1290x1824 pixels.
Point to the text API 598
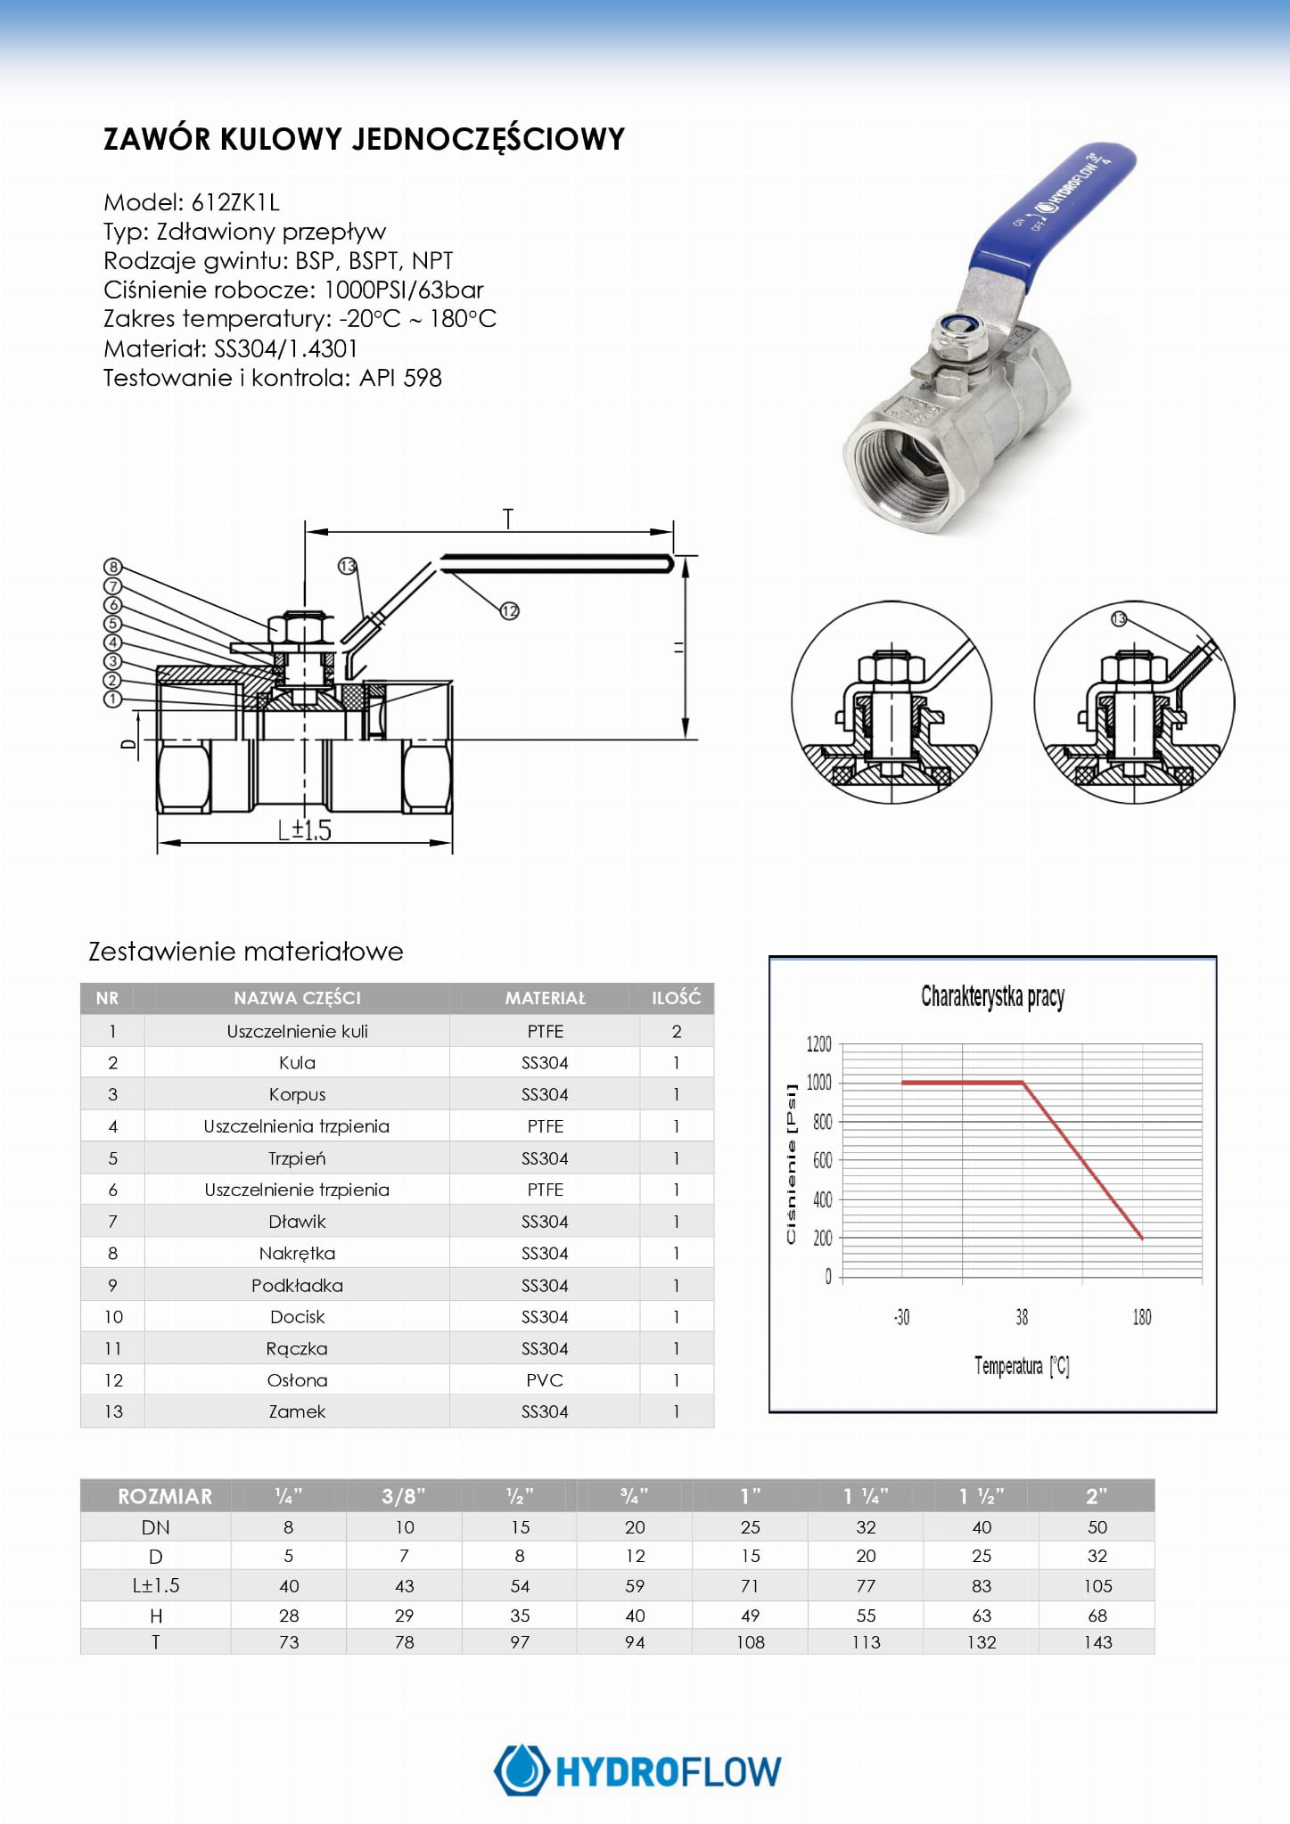tap(400, 378)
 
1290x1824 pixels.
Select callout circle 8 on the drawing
tap(112, 567)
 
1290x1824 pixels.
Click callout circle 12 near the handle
tap(509, 610)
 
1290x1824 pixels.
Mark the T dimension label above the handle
tap(508, 518)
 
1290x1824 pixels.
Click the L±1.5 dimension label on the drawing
tap(304, 830)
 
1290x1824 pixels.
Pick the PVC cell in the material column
tap(545, 1380)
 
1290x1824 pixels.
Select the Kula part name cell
tap(297, 1063)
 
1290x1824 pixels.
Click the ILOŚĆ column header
tap(676, 998)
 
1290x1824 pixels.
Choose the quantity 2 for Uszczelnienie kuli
tap(677, 1032)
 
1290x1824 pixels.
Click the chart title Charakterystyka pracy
tap(992, 996)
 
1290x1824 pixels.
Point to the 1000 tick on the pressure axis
tap(818, 1083)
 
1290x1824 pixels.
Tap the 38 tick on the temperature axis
tap(1022, 1317)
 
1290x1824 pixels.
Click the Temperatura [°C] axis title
tap(1022, 1366)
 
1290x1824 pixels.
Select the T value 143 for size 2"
tap(1097, 1642)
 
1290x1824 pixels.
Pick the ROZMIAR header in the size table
tap(165, 1496)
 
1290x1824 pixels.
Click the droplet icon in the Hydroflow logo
tap(522, 1771)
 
